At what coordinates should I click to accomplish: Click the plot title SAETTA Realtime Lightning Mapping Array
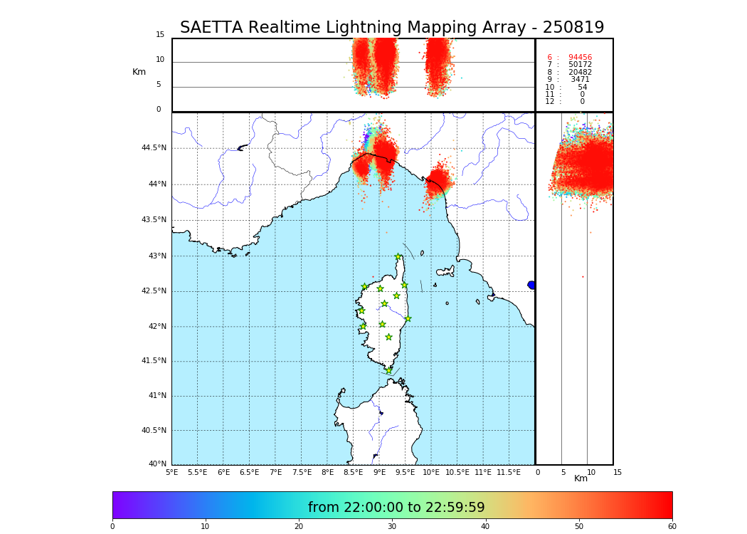coord(391,28)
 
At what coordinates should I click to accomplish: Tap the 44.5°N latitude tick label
coord(154,148)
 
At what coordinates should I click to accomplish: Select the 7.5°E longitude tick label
coord(302,473)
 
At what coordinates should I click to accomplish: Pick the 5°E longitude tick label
coord(171,473)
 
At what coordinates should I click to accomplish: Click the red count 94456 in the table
coord(580,58)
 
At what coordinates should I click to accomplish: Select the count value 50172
coord(580,65)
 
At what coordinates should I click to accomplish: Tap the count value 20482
coord(580,73)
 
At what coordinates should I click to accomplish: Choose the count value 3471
coord(580,80)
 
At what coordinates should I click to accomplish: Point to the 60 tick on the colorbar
coord(672,527)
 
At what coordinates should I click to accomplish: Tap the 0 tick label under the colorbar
coord(112,527)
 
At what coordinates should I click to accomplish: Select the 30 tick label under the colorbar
coord(392,527)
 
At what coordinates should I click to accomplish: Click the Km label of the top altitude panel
coord(139,72)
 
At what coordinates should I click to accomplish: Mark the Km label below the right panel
coord(581,478)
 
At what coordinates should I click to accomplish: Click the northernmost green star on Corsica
coord(398,257)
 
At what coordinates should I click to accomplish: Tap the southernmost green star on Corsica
coord(388,370)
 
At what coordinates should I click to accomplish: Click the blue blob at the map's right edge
coord(531,285)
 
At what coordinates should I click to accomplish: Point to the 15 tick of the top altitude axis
coord(160,35)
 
